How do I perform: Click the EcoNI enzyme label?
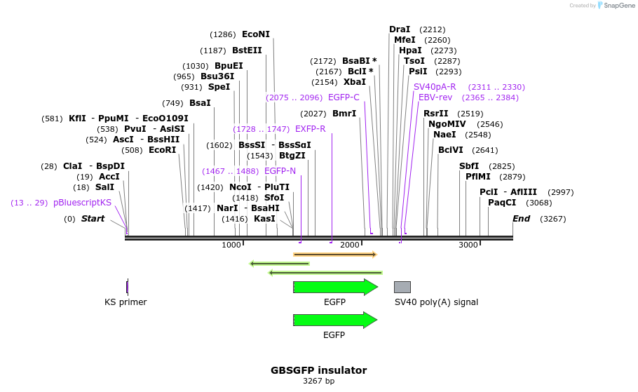(255, 34)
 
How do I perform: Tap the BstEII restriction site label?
(247, 50)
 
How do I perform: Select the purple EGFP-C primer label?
(344, 97)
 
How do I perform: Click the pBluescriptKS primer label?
(82, 203)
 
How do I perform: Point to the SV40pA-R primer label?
(435, 87)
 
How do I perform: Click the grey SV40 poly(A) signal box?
(402, 287)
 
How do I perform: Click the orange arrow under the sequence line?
(334, 255)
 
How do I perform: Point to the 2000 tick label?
(349, 245)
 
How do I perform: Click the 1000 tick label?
(231, 245)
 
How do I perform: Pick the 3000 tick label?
(468, 245)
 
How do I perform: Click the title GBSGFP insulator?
(318, 370)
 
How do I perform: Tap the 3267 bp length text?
(318, 381)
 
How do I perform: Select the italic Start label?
(93, 219)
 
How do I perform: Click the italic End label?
(521, 219)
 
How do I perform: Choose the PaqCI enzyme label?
(502, 203)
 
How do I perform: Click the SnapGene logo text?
(619, 5)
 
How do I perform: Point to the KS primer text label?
(125, 302)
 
